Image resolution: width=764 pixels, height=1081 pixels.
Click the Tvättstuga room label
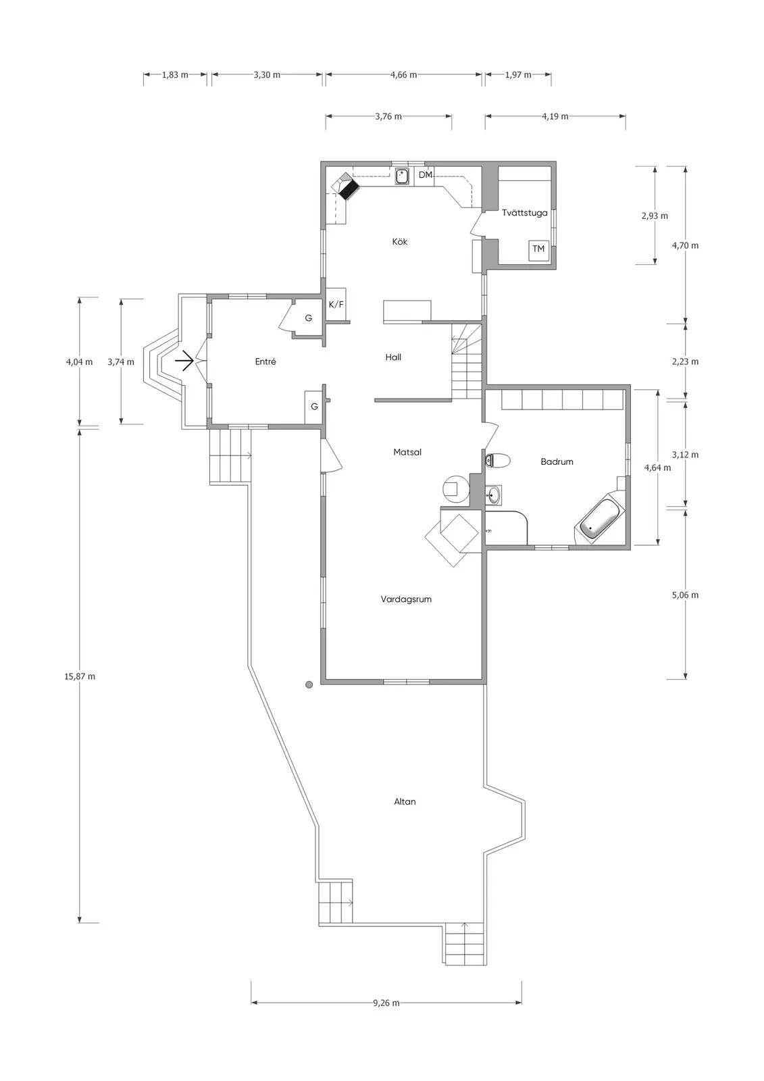(x=524, y=213)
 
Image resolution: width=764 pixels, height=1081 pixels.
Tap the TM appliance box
(x=538, y=249)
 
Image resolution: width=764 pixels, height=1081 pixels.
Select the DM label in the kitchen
(x=425, y=175)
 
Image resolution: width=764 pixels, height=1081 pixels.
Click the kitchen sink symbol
(x=402, y=176)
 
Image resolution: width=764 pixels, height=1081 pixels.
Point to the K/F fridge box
(x=336, y=305)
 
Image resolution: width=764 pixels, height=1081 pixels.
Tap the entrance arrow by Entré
(x=184, y=360)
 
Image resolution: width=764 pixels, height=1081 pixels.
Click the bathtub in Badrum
(x=600, y=520)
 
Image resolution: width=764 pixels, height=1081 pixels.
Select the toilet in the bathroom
(x=497, y=461)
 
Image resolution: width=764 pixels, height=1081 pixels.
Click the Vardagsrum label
(x=406, y=599)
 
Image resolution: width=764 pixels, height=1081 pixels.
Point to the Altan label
(x=405, y=801)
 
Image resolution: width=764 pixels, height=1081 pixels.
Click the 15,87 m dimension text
(x=80, y=676)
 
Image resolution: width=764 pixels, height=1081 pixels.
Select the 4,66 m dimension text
(x=403, y=75)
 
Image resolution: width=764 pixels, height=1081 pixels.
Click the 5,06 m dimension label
(x=685, y=595)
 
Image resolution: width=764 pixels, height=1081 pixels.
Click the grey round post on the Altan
(x=309, y=684)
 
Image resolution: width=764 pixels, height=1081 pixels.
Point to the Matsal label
(x=407, y=452)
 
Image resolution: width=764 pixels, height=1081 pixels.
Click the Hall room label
(x=393, y=357)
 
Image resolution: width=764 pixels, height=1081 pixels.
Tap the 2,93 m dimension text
(x=655, y=216)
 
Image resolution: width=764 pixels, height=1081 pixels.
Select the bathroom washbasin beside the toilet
(x=492, y=494)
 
